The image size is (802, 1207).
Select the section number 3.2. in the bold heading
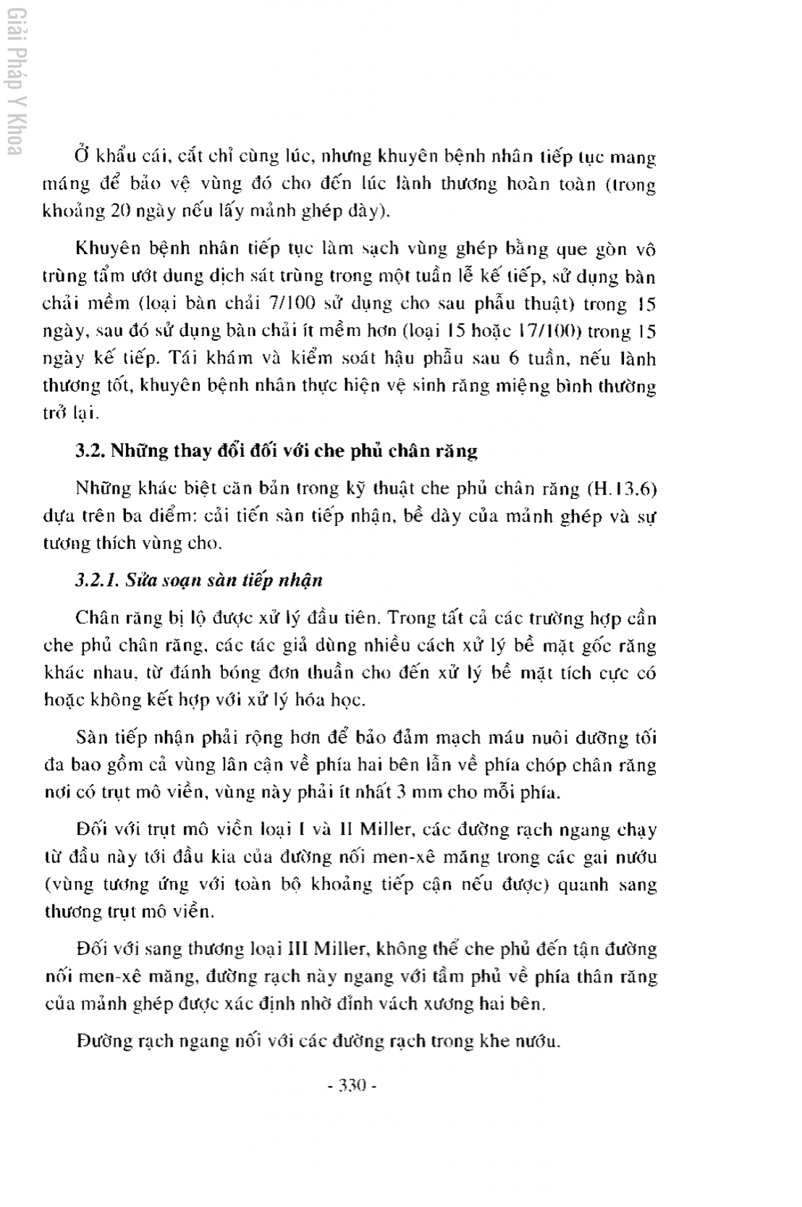90,450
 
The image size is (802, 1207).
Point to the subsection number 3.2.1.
98,580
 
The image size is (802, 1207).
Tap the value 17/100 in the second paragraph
551,332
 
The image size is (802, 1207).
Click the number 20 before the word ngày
118,211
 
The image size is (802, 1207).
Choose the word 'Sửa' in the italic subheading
140,580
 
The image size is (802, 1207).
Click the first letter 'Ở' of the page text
81,156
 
